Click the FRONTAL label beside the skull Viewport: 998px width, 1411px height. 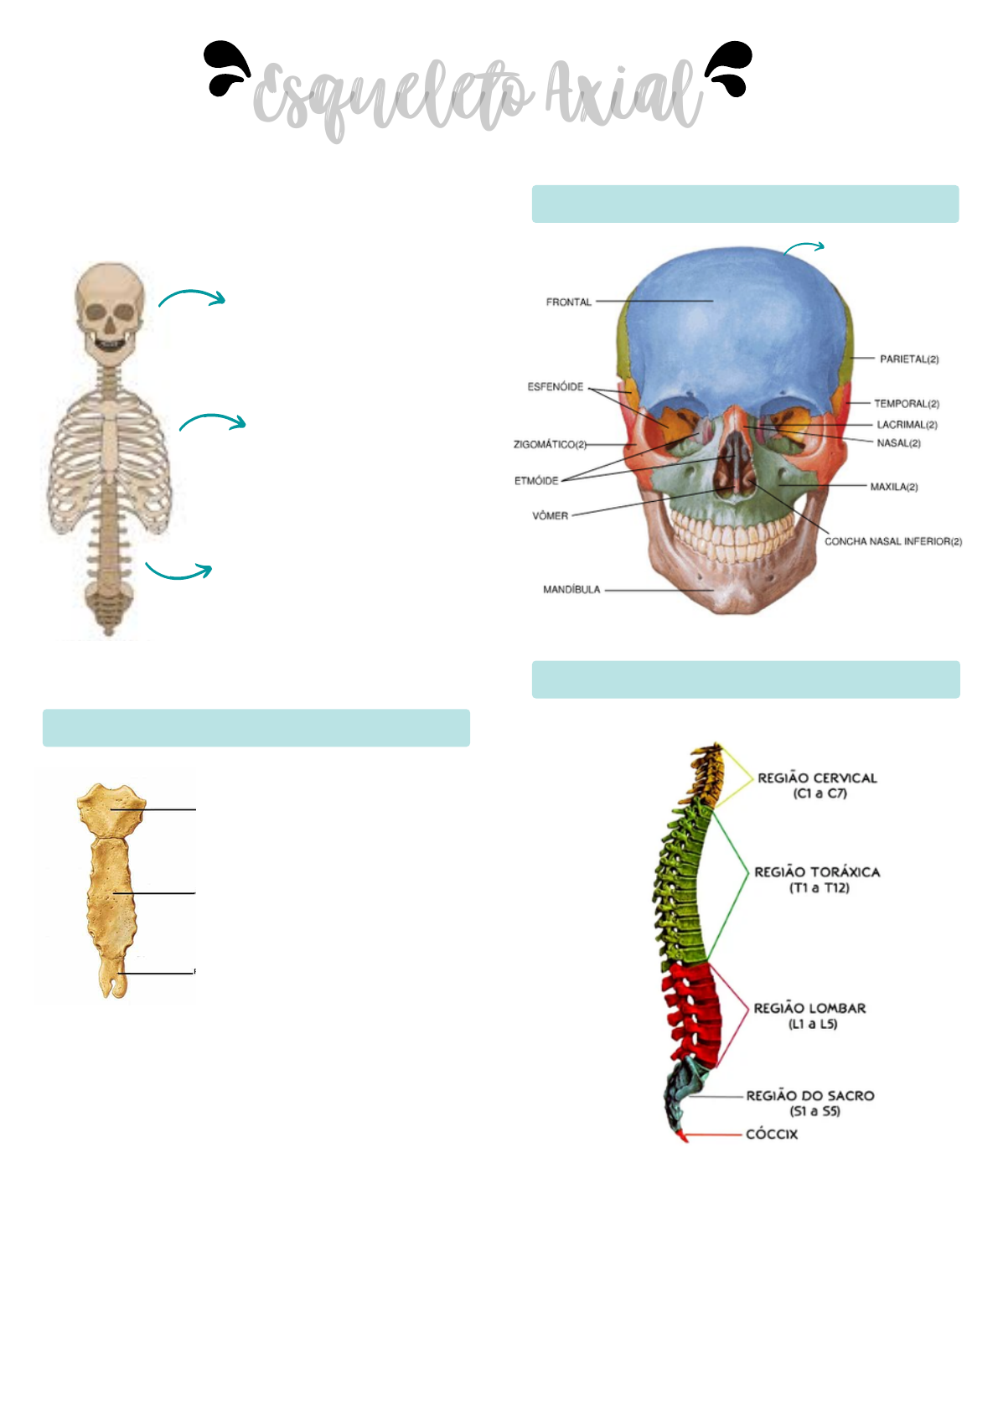568,302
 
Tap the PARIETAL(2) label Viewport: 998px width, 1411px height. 908,359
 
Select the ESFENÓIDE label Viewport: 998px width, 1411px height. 555,387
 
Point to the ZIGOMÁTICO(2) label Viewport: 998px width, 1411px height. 550,444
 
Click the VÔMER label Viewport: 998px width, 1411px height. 550,516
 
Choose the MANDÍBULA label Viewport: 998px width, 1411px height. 571,590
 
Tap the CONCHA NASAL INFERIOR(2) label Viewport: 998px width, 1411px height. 892,542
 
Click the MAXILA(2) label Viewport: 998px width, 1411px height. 893,487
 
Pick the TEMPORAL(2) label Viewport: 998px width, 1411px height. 906,404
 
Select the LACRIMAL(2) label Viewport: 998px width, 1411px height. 907,425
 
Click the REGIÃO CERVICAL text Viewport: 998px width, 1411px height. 817,778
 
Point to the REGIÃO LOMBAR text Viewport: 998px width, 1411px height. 809,1009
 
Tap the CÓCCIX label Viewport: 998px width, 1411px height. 772,1134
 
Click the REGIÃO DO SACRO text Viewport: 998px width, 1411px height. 809,1096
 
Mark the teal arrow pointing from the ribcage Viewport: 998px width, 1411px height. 213,421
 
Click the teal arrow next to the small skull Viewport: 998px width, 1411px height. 192,297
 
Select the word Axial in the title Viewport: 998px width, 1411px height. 623,94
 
